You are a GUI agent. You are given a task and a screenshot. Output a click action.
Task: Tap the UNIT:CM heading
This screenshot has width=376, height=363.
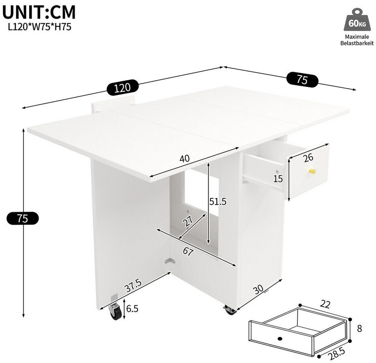click(x=39, y=12)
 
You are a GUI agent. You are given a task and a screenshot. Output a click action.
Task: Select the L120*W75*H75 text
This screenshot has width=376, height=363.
click(x=40, y=27)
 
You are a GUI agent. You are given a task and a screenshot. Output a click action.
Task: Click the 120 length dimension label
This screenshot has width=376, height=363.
click(x=122, y=88)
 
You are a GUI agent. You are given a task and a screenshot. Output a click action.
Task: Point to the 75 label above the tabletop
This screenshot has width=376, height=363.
click(x=302, y=79)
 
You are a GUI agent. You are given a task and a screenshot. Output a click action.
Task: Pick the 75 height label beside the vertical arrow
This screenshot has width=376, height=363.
click(x=23, y=218)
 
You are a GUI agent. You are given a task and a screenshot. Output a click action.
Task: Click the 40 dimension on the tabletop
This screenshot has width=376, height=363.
click(x=185, y=158)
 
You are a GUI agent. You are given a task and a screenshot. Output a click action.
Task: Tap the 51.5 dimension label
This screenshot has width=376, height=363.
click(x=218, y=202)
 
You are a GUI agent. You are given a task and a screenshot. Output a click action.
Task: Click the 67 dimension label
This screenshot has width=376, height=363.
click(x=188, y=251)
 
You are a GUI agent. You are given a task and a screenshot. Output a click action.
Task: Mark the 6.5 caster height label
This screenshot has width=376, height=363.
click(x=132, y=309)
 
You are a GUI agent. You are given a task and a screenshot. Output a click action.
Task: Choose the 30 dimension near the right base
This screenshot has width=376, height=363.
click(x=258, y=290)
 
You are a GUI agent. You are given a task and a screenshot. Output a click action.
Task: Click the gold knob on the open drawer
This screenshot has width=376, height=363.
click(x=312, y=172)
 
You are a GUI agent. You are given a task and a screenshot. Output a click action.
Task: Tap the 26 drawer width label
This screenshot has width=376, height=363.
click(x=308, y=158)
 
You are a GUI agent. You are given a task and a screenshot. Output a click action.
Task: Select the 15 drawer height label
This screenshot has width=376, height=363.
click(x=278, y=179)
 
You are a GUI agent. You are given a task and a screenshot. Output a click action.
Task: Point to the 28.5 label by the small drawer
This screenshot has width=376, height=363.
click(x=337, y=354)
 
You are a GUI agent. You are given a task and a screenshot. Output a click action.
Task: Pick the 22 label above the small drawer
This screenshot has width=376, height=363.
click(x=325, y=304)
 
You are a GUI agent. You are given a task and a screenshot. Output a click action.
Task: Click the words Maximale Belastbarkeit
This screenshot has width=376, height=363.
click(x=357, y=40)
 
